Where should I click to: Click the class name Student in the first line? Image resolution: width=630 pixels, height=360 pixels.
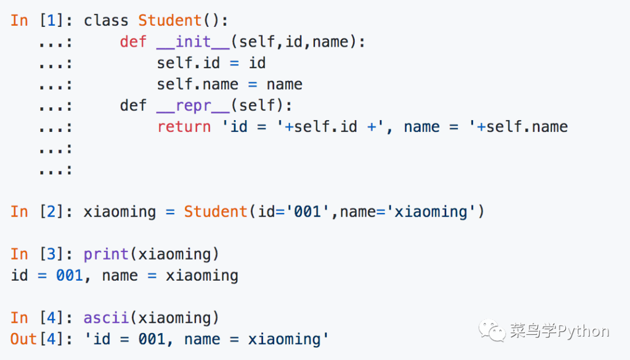click(x=170, y=20)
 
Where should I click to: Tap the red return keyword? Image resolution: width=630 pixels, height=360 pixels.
click(x=184, y=127)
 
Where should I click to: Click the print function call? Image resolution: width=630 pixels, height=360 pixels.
click(x=106, y=254)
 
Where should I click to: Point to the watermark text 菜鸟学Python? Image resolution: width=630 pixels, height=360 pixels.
click(x=559, y=331)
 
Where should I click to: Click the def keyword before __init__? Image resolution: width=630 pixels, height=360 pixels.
click(x=134, y=42)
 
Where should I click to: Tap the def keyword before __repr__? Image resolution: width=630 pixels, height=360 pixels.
click(x=134, y=106)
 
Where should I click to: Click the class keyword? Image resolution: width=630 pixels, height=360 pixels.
click(x=106, y=20)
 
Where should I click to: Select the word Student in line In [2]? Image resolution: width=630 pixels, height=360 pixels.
click(x=216, y=211)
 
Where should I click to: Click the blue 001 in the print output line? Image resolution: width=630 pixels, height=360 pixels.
click(x=69, y=275)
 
